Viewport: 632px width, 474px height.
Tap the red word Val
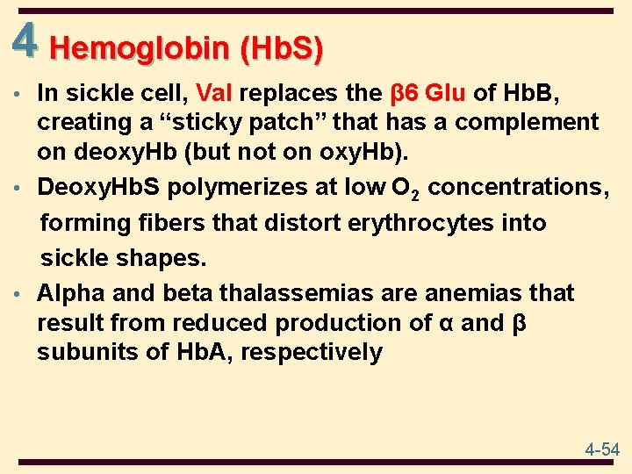216,93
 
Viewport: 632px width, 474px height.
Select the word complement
523,122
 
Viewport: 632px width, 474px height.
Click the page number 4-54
602,449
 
